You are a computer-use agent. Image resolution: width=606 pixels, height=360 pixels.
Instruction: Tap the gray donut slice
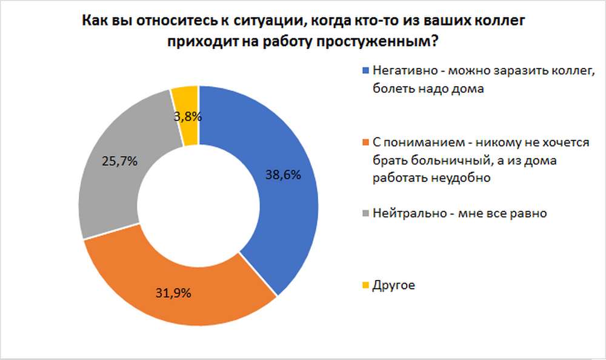pyautogui.click(x=115, y=182)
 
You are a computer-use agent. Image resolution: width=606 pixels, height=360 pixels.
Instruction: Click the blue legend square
pyautogui.click(x=365, y=70)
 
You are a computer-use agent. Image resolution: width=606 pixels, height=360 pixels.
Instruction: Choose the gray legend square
pyautogui.click(x=365, y=213)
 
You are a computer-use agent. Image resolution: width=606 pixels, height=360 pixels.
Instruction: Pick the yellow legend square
pyautogui.click(x=365, y=285)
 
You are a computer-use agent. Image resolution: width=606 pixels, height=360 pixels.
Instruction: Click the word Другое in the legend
pyautogui.click(x=395, y=285)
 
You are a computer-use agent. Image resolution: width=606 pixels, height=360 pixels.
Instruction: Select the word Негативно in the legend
pyautogui.click(x=401, y=70)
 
